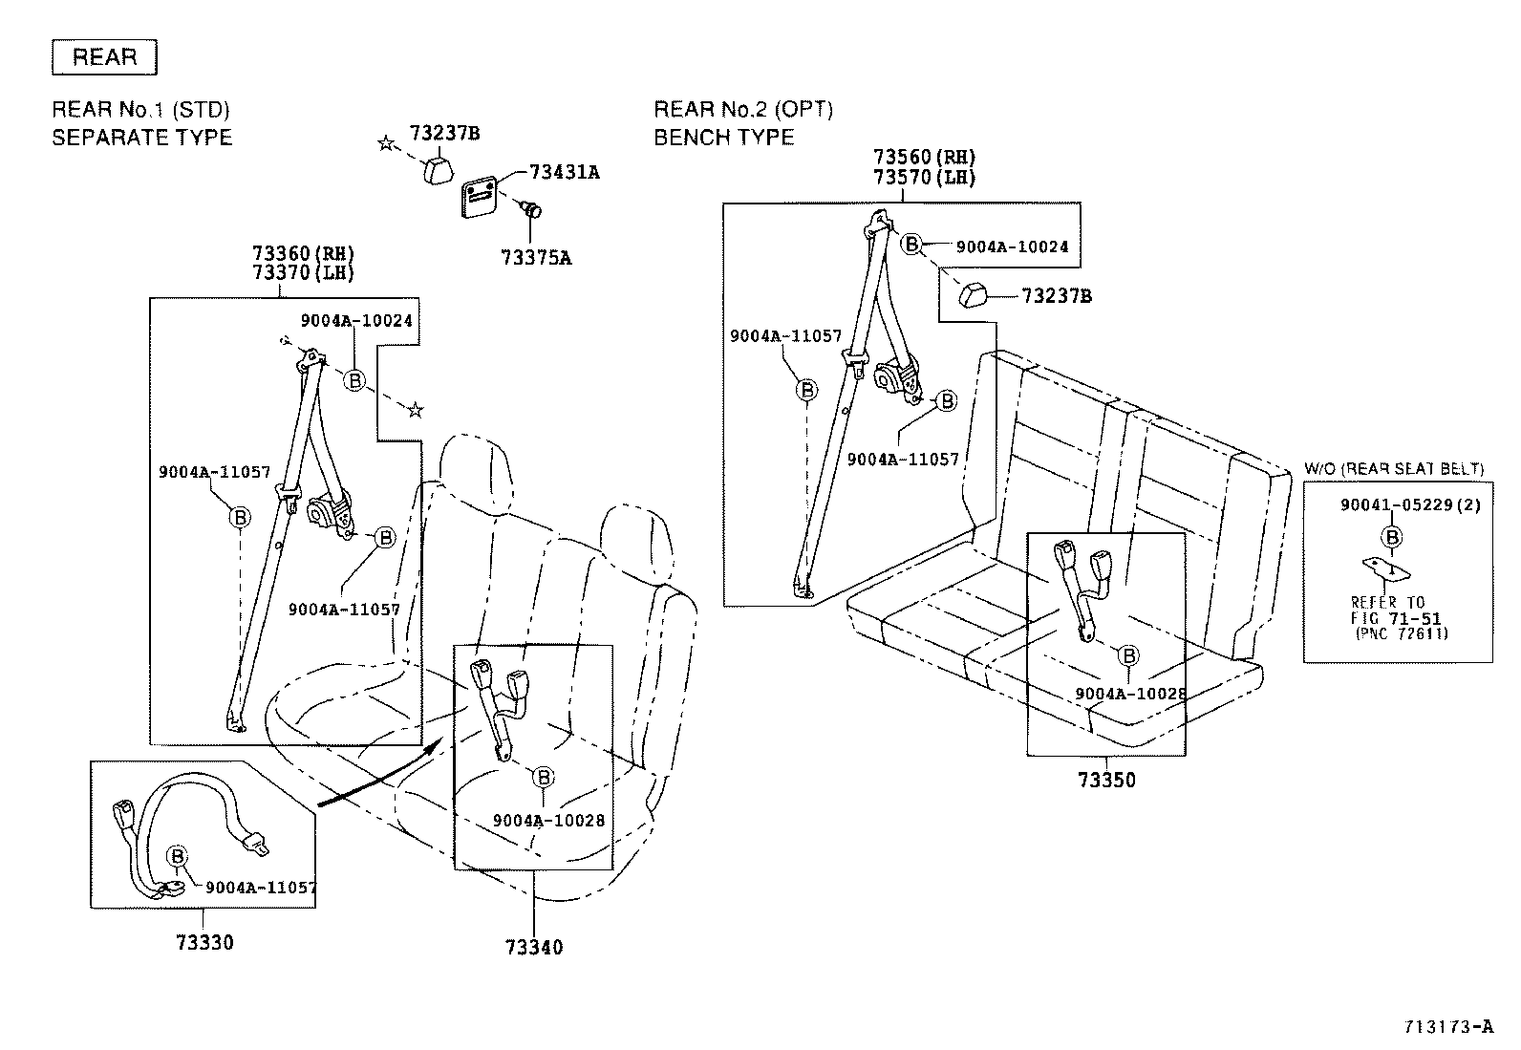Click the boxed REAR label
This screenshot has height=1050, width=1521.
(104, 57)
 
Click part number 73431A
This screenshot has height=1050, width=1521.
(565, 172)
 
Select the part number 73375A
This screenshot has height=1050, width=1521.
(536, 257)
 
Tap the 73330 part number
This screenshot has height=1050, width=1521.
(204, 943)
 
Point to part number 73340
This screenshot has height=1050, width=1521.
(534, 947)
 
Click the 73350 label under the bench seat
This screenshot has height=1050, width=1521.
(1106, 780)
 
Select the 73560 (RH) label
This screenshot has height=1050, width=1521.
(924, 157)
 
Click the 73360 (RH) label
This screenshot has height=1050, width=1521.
(303, 253)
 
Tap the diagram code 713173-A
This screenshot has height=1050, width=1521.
(1446, 1027)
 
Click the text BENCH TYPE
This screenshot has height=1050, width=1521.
(723, 138)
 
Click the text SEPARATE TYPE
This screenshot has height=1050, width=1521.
(141, 138)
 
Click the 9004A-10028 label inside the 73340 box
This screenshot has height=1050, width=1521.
(548, 821)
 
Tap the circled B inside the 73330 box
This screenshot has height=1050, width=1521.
(178, 855)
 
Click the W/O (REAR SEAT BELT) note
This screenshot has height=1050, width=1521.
(1394, 468)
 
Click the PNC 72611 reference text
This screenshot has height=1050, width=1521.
(1401, 632)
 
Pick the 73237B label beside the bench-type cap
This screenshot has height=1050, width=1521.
(1056, 296)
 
